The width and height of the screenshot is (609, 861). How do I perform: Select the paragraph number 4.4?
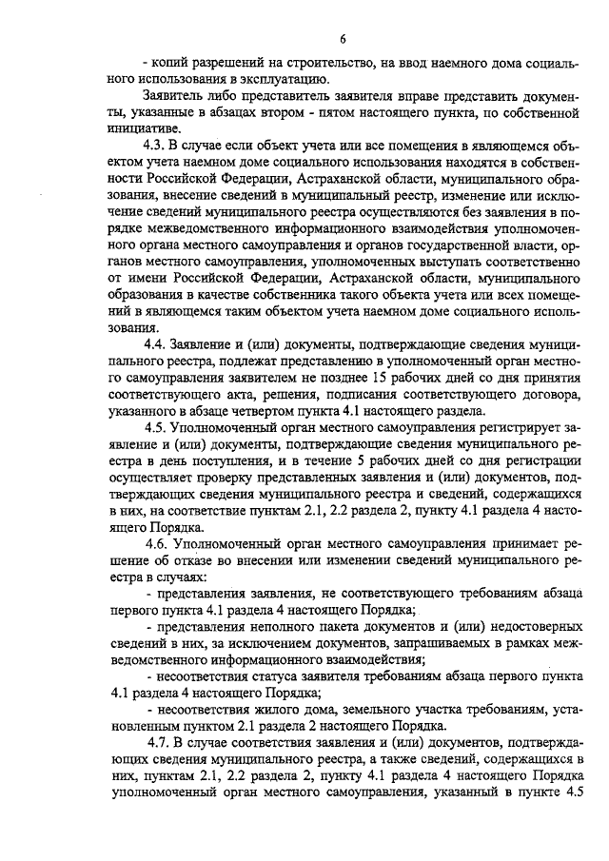tap(155, 343)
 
